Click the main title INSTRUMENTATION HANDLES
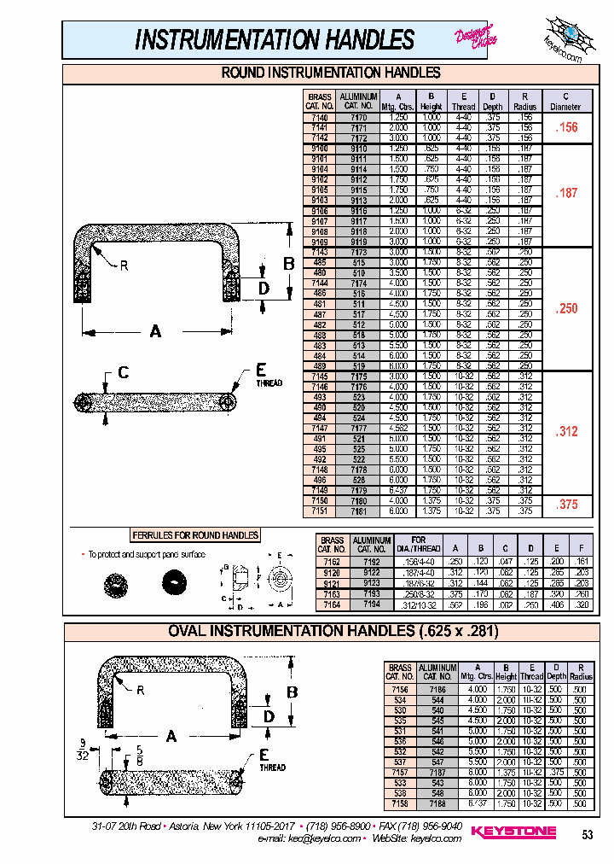(x=275, y=39)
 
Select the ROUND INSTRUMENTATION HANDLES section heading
(x=330, y=73)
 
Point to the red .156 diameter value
(x=565, y=127)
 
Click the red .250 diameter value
(x=565, y=308)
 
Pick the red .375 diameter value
(x=565, y=505)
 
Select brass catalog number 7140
(x=319, y=117)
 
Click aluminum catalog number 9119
(x=359, y=242)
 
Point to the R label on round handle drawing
(x=124, y=266)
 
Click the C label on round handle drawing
(x=124, y=372)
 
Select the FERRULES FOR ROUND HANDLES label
(x=195, y=535)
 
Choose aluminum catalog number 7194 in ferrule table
(x=371, y=604)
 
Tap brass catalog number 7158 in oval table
(x=399, y=804)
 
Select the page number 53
(x=587, y=834)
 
